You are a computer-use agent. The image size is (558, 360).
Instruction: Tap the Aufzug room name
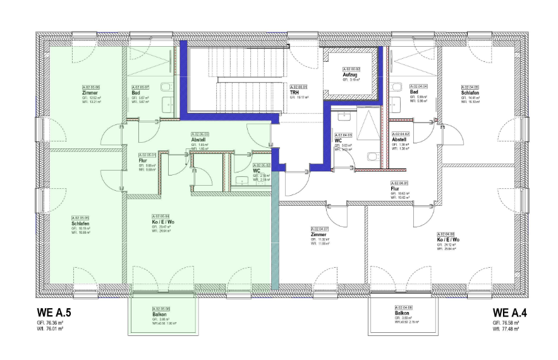351,75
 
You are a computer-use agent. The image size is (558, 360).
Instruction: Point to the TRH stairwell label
294,92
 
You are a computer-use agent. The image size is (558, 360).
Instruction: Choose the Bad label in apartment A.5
135,92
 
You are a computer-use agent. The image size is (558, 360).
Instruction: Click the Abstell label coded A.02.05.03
199,140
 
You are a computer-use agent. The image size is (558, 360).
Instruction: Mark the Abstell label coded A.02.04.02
399,140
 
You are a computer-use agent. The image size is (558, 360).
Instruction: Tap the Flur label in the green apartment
143,160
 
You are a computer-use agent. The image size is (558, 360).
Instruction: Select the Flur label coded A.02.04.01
394,188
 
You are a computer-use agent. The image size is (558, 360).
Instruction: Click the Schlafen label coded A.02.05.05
80,223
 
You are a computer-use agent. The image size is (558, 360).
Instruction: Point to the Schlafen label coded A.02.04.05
471,93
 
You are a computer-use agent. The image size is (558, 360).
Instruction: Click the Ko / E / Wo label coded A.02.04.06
448,240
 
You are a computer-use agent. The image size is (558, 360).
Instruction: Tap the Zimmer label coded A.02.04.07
318,235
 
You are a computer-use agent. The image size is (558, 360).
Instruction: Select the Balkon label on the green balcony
159,315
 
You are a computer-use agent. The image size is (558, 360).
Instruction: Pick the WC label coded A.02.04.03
339,140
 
